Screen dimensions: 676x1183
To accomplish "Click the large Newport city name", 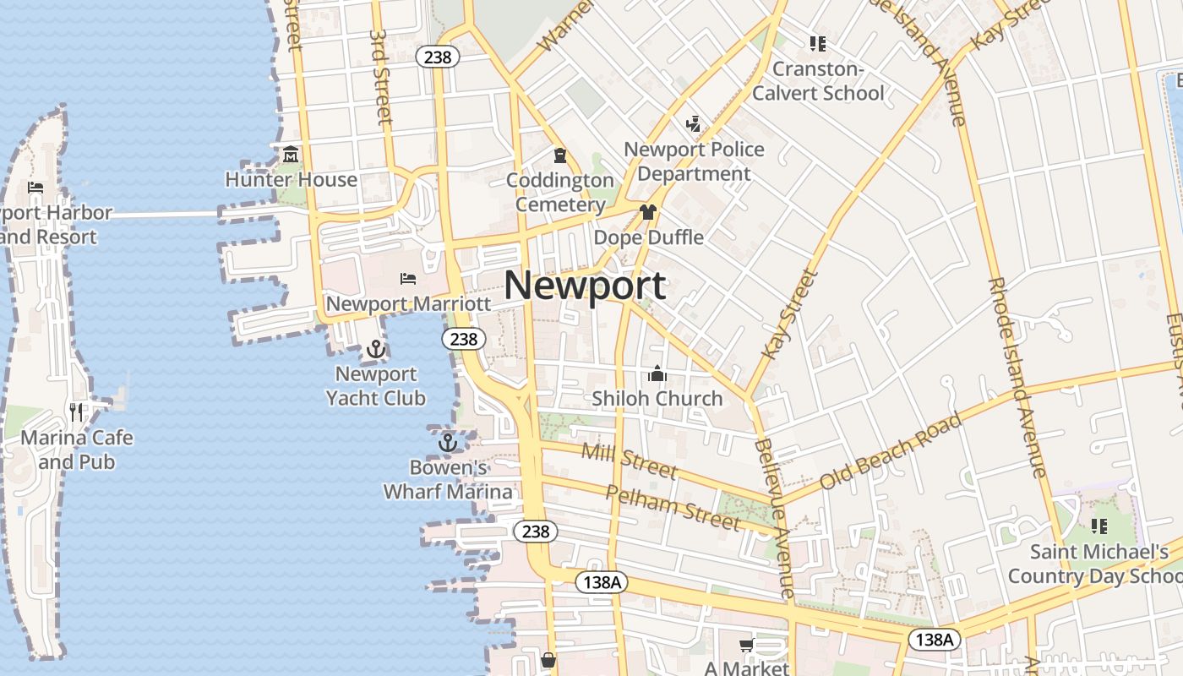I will (585, 286).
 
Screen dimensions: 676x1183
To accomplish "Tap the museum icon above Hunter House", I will (291, 155).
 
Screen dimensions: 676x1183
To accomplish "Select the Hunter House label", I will (291, 180).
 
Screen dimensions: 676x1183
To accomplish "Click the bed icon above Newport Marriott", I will (408, 278).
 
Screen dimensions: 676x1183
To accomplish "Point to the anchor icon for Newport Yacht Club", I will (376, 348).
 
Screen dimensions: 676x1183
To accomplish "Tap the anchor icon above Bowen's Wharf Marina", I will (448, 442).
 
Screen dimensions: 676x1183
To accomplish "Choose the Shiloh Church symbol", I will (657, 373).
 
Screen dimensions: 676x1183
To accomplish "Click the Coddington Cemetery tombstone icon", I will (559, 155).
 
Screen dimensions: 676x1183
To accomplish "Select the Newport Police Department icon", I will (694, 124).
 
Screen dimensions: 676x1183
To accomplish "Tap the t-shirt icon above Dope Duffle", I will (648, 212).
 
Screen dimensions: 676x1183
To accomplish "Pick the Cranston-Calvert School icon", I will (817, 43).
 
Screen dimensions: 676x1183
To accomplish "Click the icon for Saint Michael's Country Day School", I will (1099, 526).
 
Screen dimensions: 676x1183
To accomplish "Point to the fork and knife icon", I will (77, 412).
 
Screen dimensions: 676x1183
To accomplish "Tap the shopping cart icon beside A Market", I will (746, 646).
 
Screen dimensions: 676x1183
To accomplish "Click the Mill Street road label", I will (629, 461).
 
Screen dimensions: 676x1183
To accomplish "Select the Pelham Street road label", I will (673, 507).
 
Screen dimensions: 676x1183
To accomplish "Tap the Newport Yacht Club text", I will (376, 386).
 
